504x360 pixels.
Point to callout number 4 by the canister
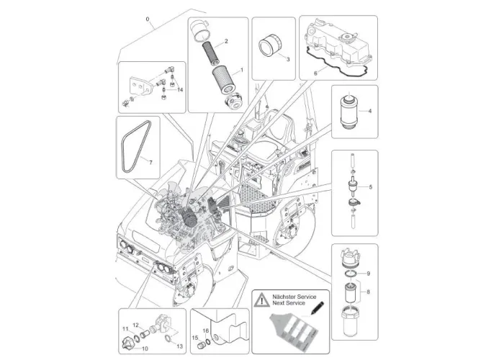[369, 111]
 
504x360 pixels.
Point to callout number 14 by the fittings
[181, 89]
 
